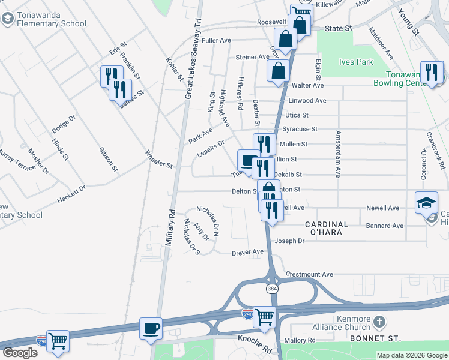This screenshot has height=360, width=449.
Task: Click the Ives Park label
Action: pos(356,62)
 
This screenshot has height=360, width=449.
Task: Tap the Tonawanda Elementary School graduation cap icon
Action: pos(8,19)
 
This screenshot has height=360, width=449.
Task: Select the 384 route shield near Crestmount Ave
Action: pos(272,289)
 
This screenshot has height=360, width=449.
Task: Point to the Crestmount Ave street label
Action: pos(309,274)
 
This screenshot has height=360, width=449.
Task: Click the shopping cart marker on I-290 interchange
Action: pos(264,317)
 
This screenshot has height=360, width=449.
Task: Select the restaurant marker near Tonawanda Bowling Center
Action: pos(432,73)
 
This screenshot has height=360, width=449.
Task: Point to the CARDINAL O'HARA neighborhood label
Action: pos(327,229)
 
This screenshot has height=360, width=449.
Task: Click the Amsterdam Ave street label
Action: pos(338,154)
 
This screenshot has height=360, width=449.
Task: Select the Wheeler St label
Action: pos(159,159)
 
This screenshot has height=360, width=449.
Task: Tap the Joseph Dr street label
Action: pos(289,241)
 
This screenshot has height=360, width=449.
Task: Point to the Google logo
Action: pos(20,353)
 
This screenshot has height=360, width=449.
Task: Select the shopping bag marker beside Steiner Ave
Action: pos(278,70)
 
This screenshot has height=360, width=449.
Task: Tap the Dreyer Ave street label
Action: pos(247,253)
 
